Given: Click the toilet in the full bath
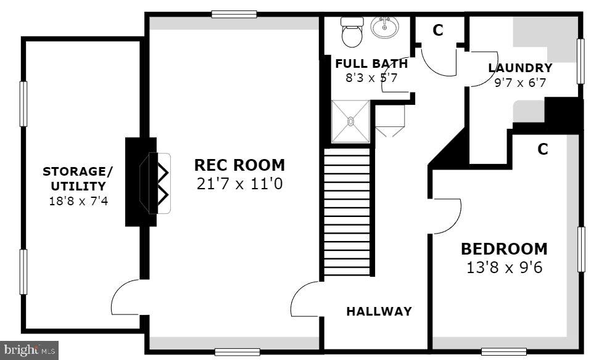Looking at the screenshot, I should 352,32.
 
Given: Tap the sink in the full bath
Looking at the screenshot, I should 384,27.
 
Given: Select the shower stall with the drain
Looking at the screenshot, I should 350,121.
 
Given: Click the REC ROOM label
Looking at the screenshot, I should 239,165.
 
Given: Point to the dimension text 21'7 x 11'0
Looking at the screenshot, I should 239,183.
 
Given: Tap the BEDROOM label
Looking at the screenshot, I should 504,249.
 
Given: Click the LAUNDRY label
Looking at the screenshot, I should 520,68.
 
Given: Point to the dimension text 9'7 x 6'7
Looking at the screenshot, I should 520,82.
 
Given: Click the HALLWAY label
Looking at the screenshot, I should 378,311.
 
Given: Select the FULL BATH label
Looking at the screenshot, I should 371,63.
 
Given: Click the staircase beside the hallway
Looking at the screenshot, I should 347,213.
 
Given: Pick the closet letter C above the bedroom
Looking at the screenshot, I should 542,149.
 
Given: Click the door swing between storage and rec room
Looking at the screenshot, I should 127,297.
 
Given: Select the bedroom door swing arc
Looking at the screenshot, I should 447,216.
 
